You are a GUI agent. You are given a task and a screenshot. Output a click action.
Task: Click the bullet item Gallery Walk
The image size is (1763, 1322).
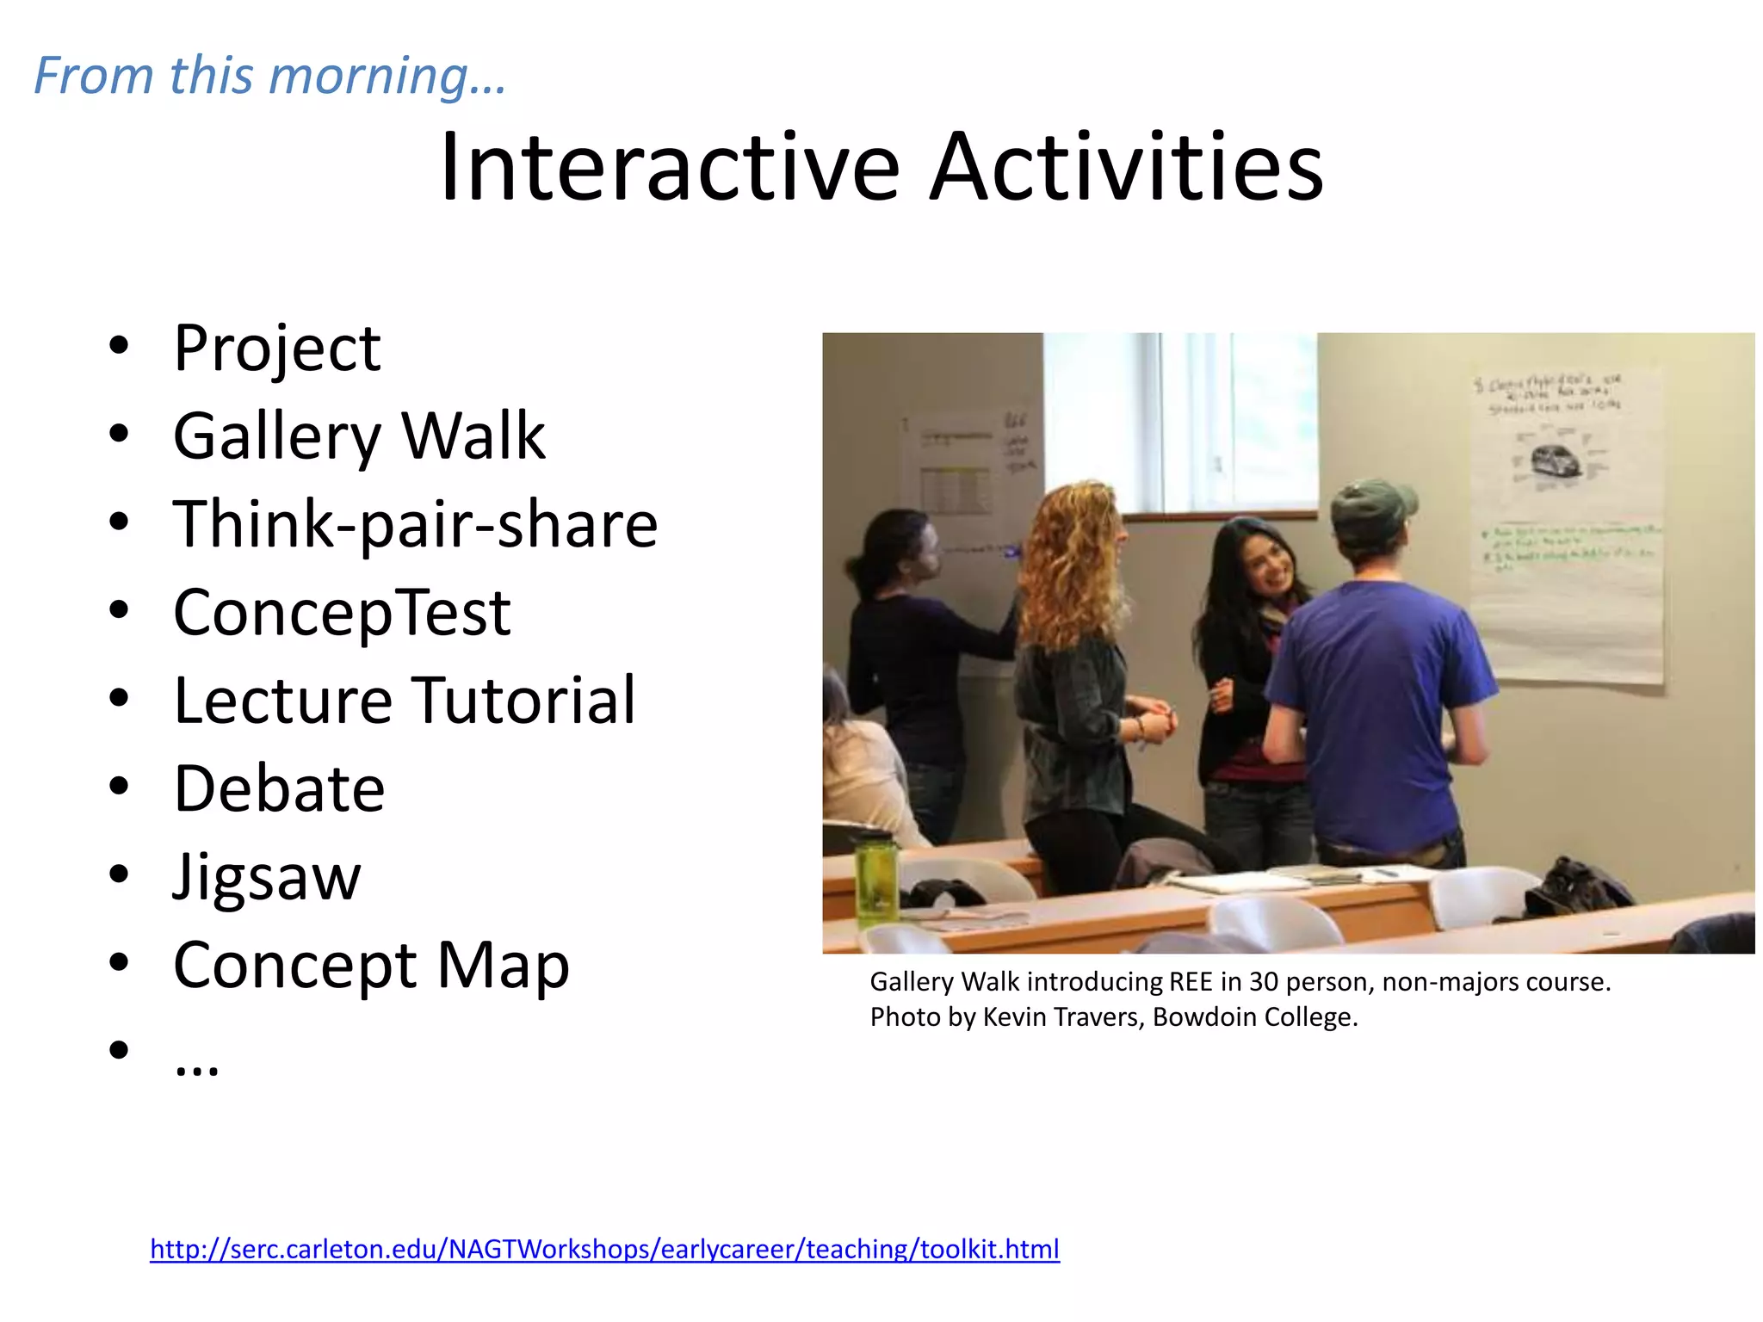point(359,436)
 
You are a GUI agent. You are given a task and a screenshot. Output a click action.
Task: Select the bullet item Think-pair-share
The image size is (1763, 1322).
point(415,524)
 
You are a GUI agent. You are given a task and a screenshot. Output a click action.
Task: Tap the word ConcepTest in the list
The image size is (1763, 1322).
point(342,613)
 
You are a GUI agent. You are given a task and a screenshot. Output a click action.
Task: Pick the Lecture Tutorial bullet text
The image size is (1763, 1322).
point(404,701)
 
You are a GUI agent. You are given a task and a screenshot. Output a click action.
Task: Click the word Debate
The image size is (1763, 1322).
point(279,789)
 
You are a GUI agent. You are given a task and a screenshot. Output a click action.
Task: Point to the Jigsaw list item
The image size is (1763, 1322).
point(267,877)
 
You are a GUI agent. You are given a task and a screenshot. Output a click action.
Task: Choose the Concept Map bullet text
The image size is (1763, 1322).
point(371,966)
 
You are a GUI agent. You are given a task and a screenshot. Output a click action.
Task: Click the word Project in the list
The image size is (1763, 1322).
point(276,349)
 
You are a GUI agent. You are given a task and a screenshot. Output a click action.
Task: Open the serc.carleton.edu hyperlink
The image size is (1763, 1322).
point(604,1249)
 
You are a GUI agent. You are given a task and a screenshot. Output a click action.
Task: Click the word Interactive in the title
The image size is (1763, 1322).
point(670,167)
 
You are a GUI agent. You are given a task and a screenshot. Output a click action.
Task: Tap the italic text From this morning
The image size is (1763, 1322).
point(269,76)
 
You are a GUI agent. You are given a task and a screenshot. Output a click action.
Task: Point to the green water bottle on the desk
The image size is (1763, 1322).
point(876,879)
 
